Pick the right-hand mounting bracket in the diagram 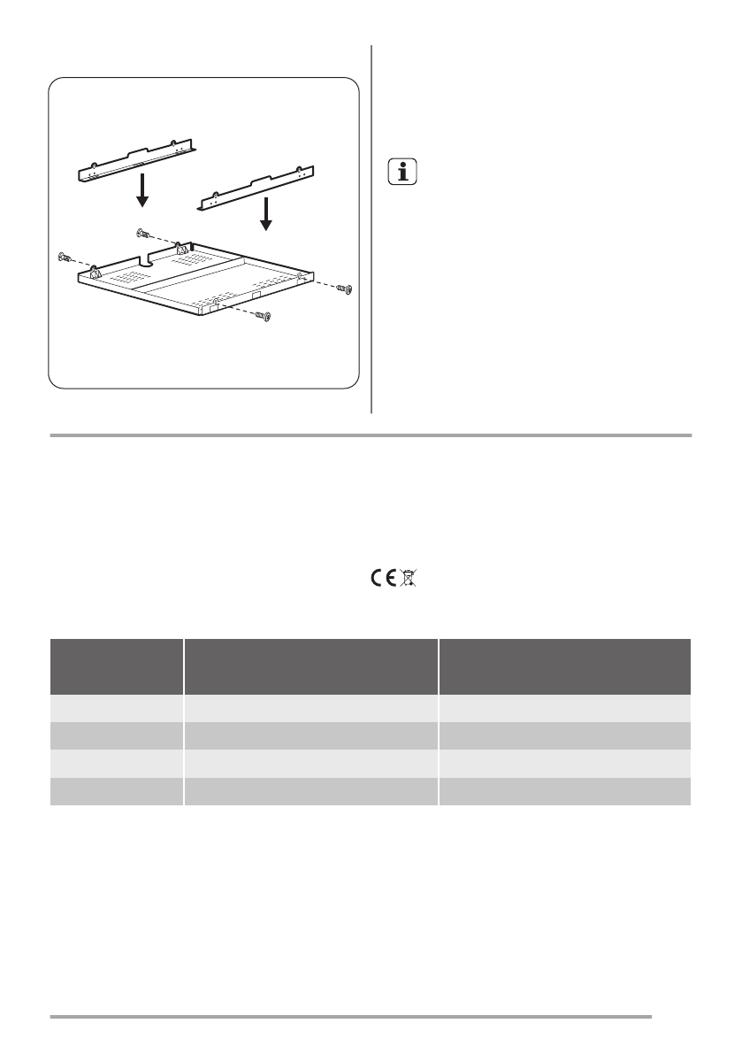[x=255, y=187]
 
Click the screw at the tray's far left [x=64, y=257]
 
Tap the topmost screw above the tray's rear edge [x=143, y=234]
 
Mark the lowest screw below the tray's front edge [x=263, y=316]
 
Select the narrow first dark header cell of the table [x=117, y=666]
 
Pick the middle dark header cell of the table [x=311, y=666]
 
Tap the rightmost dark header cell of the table [x=565, y=666]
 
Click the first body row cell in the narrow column [x=117, y=709]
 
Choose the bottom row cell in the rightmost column [x=565, y=792]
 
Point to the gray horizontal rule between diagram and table [x=371, y=435]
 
